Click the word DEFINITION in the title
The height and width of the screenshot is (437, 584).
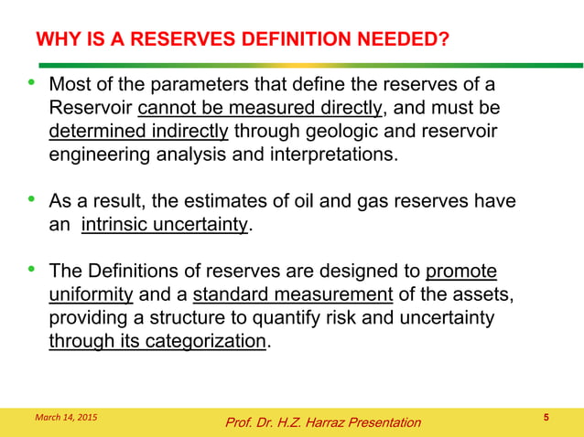(x=276, y=40)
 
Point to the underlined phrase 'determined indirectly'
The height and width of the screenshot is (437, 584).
(x=138, y=132)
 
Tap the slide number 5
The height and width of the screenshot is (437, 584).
(x=546, y=418)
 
